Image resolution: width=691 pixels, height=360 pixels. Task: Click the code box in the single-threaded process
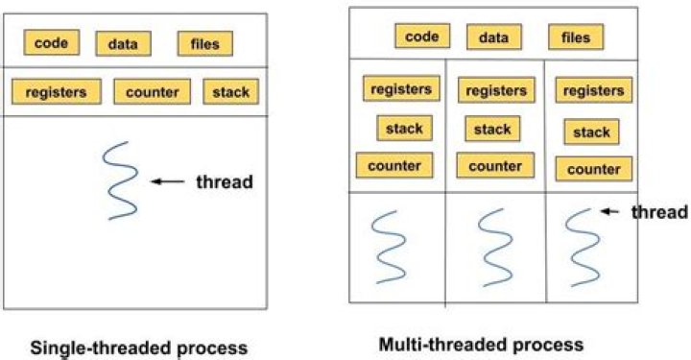[52, 42]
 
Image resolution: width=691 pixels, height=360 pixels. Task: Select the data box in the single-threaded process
[122, 44]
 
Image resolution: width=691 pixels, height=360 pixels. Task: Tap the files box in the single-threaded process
[204, 44]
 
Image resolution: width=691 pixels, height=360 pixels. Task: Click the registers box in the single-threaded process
[56, 92]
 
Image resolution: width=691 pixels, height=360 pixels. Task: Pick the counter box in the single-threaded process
[152, 92]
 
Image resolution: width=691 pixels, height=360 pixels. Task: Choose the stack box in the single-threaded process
[230, 92]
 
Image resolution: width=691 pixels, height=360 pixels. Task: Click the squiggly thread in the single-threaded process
[121, 180]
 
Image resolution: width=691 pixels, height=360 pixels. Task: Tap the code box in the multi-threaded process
[421, 36]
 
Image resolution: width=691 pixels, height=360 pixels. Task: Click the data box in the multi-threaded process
[493, 37]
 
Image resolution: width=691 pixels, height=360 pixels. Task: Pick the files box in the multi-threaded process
[576, 37]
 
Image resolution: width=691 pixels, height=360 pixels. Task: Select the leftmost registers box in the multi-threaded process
[401, 88]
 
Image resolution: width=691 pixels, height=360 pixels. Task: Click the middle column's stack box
[492, 129]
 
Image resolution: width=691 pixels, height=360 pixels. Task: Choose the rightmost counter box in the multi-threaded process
[593, 169]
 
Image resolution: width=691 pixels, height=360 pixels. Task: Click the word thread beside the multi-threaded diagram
[660, 212]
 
